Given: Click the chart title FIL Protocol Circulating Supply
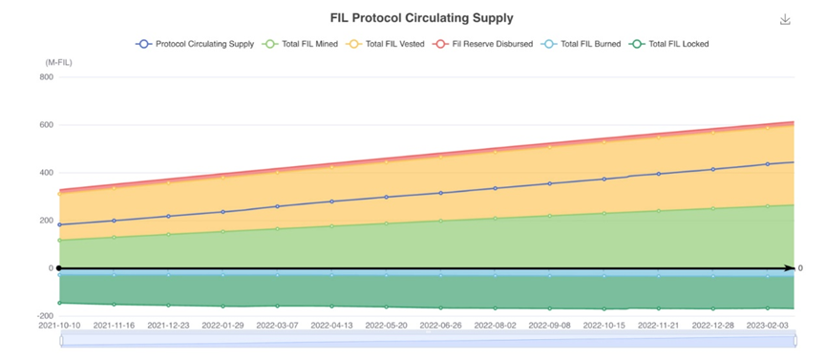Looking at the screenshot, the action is (x=421, y=18).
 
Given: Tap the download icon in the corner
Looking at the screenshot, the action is (x=785, y=19).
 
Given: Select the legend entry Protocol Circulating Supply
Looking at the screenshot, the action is (x=195, y=44).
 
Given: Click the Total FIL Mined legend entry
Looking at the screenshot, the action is (x=300, y=44).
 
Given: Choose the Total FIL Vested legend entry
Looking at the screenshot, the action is (x=385, y=44).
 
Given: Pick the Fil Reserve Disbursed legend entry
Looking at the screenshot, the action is (x=482, y=44).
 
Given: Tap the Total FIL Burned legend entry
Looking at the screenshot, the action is (x=581, y=44).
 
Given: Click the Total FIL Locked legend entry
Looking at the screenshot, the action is (x=669, y=44).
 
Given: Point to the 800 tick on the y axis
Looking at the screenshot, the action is (x=48, y=77).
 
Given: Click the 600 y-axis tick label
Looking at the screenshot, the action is (x=48, y=125).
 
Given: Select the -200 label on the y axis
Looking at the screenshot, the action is (x=46, y=316).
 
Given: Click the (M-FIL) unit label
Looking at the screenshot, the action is (x=58, y=62).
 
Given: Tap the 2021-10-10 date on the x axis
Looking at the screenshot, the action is (x=59, y=326).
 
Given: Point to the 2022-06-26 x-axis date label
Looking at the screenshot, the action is (x=440, y=326).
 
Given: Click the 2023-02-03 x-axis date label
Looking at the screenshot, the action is (x=768, y=326).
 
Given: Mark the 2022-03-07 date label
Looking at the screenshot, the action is (x=277, y=326).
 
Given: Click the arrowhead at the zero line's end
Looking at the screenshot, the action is (x=790, y=268).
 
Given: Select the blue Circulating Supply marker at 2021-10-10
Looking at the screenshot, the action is (x=59, y=224).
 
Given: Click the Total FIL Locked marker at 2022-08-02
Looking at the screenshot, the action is (x=496, y=308).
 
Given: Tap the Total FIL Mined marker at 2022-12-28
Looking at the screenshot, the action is (x=713, y=209).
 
